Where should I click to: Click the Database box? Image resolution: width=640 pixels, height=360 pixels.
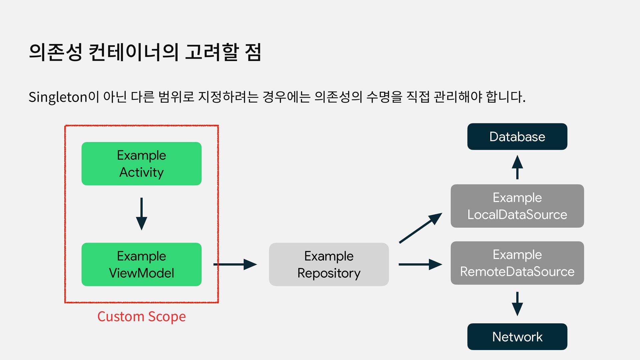(x=517, y=137)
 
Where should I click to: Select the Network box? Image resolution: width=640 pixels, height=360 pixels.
(x=517, y=337)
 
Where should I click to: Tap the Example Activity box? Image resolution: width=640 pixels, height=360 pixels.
(x=141, y=164)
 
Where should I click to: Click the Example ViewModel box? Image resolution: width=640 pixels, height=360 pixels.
(x=141, y=264)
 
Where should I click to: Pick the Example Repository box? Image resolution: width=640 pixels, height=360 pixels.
(x=329, y=264)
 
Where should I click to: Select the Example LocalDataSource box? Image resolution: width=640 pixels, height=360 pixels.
(x=517, y=206)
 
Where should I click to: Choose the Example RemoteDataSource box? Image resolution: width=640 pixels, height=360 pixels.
(x=517, y=263)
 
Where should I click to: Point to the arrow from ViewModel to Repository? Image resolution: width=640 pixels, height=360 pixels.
(x=235, y=264)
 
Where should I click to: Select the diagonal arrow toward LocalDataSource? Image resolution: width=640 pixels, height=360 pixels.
(x=420, y=228)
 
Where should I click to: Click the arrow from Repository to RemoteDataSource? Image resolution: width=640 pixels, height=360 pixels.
(x=420, y=264)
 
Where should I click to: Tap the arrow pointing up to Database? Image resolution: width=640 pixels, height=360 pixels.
(x=517, y=167)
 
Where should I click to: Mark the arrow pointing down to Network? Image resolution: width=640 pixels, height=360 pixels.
(x=517, y=304)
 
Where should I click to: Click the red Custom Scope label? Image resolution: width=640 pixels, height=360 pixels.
(x=141, y=316)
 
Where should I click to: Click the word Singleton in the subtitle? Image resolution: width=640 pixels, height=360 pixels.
(x=58, y=97)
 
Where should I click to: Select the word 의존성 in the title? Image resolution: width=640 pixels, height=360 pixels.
(x=55, y=53)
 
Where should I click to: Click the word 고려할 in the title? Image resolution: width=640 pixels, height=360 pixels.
(x=212, y=53)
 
